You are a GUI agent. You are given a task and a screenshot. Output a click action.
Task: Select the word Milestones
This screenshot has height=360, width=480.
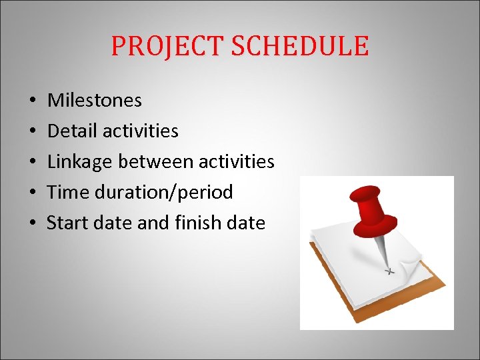click(x=95, y=101)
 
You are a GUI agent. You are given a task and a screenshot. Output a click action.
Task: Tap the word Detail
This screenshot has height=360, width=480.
click(x=71, y=131)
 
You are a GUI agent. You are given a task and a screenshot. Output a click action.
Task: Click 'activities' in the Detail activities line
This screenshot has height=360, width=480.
click(x=140, y=131)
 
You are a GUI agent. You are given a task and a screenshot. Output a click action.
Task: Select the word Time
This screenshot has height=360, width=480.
click(x=64, y=192)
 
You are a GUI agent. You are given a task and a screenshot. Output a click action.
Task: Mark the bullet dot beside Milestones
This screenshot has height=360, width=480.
click(x=33, y=101)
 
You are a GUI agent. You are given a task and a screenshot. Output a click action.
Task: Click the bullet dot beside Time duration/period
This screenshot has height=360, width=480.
click(x=33, y=193)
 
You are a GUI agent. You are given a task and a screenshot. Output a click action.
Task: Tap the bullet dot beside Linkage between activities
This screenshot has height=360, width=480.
click(x=33, y=163)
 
